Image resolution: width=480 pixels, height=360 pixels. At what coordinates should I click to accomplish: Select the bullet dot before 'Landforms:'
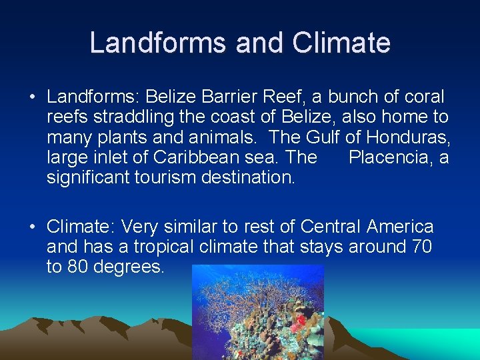[32, 97]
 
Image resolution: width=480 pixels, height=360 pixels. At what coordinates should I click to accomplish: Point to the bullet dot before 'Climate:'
[32, 227]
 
